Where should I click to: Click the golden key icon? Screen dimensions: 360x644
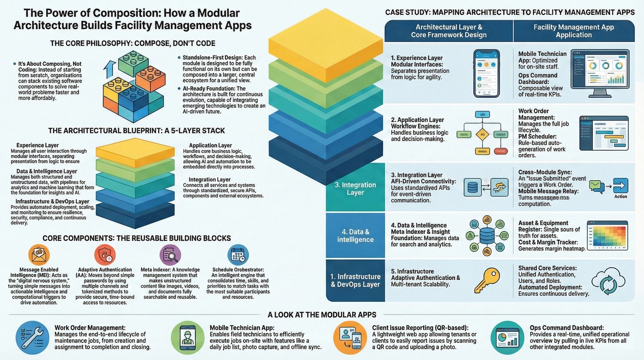[x=487, y=280]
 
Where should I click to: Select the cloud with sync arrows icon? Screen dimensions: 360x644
[x=608, y=281]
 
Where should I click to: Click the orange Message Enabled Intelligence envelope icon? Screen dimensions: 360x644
[x=39, y=255]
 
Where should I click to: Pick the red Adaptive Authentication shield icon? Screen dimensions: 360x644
[x=105, y=255]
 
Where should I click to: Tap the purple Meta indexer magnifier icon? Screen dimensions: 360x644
[x=170, y=255]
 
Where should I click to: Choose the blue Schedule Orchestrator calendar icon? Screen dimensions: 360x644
[x=238, y=255]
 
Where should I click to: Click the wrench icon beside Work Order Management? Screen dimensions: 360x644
[x=32, y=338]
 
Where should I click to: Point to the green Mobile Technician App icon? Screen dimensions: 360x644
[x=188, y=338]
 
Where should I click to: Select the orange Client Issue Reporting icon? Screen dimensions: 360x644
[x=350, y=338]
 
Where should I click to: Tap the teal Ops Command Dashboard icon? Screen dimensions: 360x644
[x=507, y=338]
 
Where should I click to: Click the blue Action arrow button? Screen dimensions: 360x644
[x=620, y=186]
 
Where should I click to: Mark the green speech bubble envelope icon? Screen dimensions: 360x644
[x=597, y=186]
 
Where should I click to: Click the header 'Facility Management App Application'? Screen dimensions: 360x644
[x=574, y=31]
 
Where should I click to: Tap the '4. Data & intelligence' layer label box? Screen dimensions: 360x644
[x=355, y=235]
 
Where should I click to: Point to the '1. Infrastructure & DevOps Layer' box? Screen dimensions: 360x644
[x=355, y=280]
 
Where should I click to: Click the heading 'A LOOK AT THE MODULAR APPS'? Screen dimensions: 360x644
[x=322, y=314]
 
